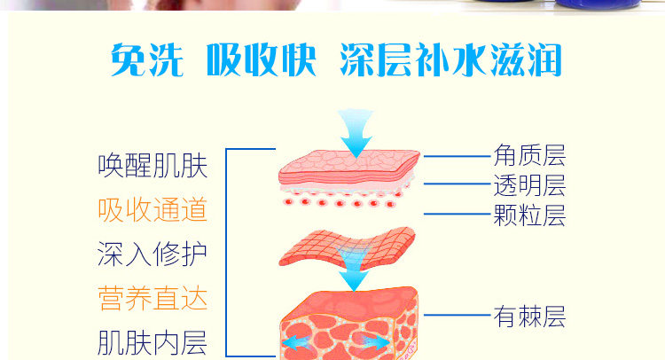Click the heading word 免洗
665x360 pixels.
146,59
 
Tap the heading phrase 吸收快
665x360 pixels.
262,59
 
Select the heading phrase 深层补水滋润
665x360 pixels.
450,59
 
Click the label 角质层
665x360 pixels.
529,156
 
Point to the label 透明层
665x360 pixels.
529,185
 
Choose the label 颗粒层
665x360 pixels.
529,215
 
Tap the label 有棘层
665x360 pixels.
529,317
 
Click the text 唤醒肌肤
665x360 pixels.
153,166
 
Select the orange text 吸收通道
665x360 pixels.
153,209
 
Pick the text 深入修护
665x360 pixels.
153,254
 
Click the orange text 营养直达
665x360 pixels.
153,299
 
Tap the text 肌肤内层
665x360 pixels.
153,342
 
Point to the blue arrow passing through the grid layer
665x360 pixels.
353,268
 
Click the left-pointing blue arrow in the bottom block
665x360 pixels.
297,342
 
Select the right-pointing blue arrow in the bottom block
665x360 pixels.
374,341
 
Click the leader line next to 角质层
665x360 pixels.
457,156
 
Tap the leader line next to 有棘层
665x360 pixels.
457,315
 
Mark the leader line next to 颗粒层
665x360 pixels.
457,214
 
